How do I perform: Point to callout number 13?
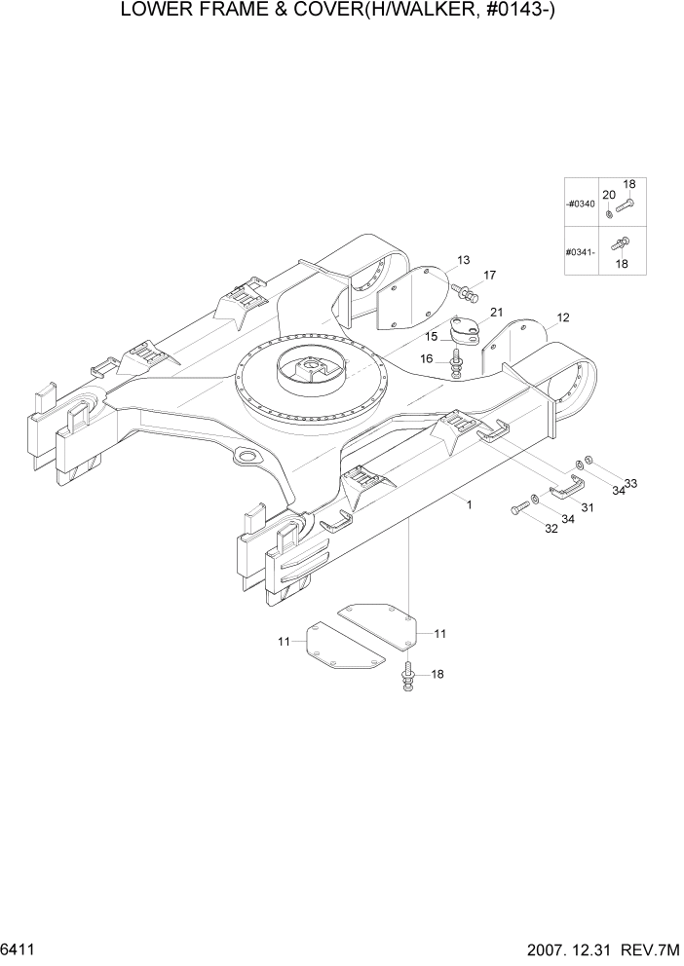click(463, 260)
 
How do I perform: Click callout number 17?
click(489, 276)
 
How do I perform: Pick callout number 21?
click(496, 313)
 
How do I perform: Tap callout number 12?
click(562, 317)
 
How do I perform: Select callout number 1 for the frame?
click(470, 504)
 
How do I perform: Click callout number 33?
click(630, 484)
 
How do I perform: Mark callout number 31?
click(587, 506)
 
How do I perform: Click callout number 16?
click(426, 359)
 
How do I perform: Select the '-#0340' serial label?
click(580, 204)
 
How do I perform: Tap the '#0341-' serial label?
click(580, 252)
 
